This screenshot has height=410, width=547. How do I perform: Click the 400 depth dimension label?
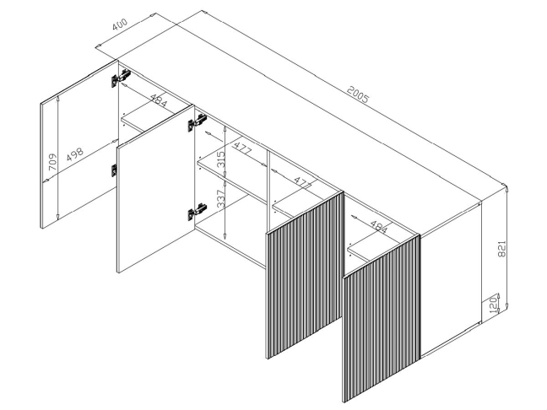120,24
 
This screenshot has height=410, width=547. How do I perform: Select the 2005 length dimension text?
358,94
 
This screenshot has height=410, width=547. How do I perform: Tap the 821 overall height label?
501,249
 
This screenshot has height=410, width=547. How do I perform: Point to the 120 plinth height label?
493,305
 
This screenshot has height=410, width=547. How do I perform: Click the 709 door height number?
52,162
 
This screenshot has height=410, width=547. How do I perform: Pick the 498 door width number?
75,154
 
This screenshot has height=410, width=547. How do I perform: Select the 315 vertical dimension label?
221,159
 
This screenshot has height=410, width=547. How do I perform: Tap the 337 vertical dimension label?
221,199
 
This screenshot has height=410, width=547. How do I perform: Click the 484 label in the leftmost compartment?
159,100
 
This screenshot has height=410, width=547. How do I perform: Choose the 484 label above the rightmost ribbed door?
378,227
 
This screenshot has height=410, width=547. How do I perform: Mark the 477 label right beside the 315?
241,148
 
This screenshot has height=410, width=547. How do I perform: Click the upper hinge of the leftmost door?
121,78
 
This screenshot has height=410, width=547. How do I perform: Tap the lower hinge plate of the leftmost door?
114,170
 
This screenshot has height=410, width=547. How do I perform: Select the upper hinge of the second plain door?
197,122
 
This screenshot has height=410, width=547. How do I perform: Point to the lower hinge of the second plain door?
197,212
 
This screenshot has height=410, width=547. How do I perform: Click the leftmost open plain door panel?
79,144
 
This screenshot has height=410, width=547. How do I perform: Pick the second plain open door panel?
155,189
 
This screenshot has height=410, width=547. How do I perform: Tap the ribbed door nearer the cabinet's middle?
306,275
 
